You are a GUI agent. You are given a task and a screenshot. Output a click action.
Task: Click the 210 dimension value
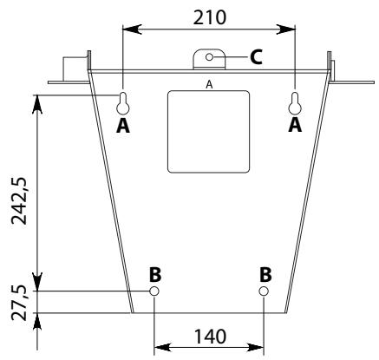pyautogui.click(x=210, y=17)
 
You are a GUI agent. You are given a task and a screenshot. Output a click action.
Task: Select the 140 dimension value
pyautogui.click(x=210, y=337)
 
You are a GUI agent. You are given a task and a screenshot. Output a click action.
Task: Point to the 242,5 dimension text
pyautogui.click(x=19, y=200)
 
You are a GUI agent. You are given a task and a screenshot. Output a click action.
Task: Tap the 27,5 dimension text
pyautogui.click(x=19, y=303)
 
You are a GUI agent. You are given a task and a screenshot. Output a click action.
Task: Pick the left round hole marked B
pyautogui.click(x=154, y=291)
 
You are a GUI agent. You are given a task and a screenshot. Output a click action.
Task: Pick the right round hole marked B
pyautogui.click(x=264, y=291)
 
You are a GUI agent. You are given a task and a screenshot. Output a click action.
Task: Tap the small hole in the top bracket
pyautogui.click(x=209, y=57)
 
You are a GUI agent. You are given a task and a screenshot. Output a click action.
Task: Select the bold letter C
pyautogui.click(x=256, y=57)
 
